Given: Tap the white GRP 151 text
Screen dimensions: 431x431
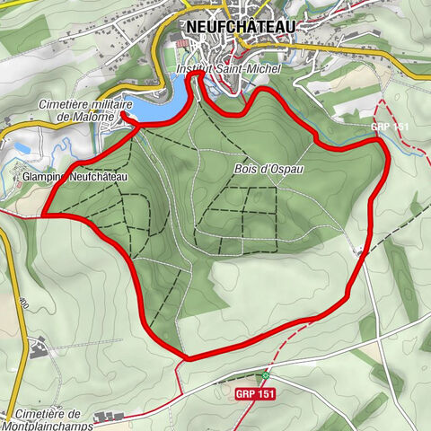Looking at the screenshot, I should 390,128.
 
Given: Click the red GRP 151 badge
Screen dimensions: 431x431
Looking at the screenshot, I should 255,394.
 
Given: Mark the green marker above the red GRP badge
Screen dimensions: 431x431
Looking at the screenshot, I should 266,374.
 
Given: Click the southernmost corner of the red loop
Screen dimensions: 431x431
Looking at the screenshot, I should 188,358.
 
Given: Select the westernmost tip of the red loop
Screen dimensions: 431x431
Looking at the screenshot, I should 43,215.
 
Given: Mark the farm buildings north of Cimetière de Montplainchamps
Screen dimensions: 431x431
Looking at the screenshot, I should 38,346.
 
